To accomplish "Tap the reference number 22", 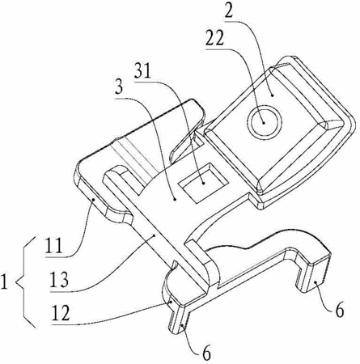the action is coord(214,39).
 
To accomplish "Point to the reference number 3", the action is coord(119,87).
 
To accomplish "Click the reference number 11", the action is coord(54,245).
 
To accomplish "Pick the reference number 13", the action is coord(59,280).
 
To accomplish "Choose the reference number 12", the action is coord(61,313).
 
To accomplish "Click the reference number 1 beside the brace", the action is coord(4,281).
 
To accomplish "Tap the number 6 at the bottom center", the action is coord(206,353).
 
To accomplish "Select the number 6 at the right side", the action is coord(339,311).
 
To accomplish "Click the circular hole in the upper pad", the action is coord(265,122).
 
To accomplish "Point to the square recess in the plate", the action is coord(204,182).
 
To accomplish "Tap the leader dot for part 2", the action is coord(273,95).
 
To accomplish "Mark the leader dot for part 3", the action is coord(175,200).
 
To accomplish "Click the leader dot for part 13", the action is coord(155,235).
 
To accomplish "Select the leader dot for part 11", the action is coord(94,199).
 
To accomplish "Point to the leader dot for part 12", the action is coord(171,303).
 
